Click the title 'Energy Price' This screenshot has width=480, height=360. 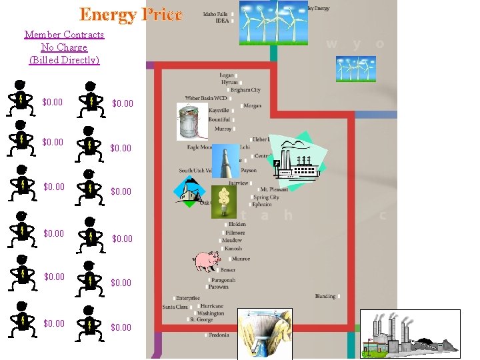pyautogui.click(x=131, y=14)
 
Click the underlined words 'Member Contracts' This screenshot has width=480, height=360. pyautogui.click(x=64, y=35)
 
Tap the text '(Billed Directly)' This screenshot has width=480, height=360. pyautogui.click(x=64, y=60)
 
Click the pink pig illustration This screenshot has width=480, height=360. pyautogui.click(x=207, y=261)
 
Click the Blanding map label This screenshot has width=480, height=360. pyautogui.click(x=325, y=296)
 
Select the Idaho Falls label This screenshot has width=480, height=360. pyautogui.click(x=216, y=13)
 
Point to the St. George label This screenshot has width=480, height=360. pyautogui.click(x=201, y=319)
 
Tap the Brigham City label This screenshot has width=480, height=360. pyautogui.click(x=246, y=89)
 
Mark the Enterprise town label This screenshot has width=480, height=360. pyautogui.click(x=188, y=298)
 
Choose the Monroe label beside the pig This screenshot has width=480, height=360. pyautogui.click(x=241, y=259)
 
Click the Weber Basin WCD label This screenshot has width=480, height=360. pyautogui.click(x=206, y=99)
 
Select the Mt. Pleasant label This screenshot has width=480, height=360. pyautogui.click(x=273, y=189)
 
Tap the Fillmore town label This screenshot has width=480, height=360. pyautogui.click(x=234, y=233)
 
